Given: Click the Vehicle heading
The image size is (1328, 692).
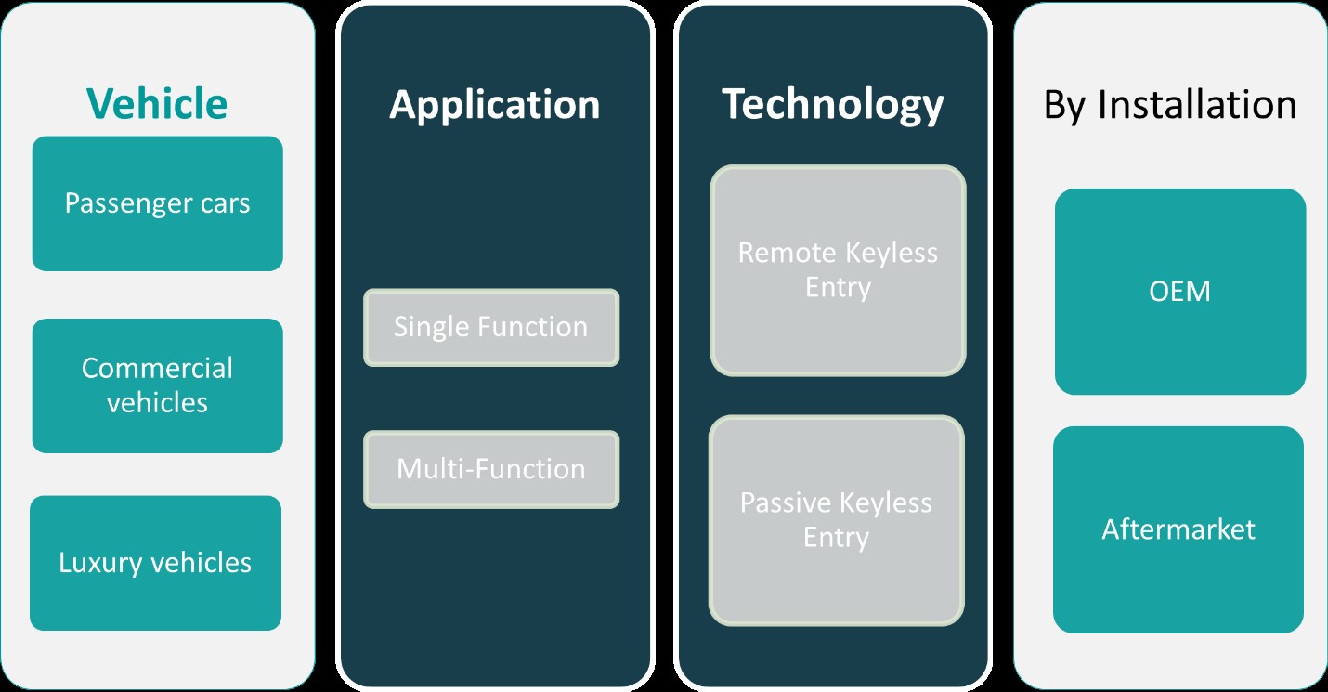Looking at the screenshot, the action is tap(157, 104).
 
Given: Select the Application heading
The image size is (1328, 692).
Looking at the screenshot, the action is tap(494, 106).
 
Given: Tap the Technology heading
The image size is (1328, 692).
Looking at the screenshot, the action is tap(832, 105).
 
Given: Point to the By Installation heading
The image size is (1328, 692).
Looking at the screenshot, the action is tap(1170, 105).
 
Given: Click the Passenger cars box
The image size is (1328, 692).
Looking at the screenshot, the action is tap(158, 203).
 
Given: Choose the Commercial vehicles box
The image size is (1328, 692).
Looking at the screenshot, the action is tap(158, 386).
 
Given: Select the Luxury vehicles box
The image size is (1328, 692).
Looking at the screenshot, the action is tap(155, 563).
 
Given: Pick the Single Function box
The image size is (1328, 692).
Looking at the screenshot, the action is tap(491, 327).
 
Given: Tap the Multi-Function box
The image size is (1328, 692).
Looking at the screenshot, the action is tap(491, 469).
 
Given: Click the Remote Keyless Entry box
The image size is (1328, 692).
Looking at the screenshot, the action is tap(838, 270).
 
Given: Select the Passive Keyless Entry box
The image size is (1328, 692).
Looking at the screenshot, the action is tap(837, 520).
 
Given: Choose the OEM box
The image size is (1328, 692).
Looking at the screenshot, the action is tap(1180, 292).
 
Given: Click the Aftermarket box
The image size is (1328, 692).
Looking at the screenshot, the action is tap(1178, 529).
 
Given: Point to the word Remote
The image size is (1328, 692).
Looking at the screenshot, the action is tap(787, 254).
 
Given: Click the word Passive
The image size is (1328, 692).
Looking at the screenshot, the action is tap(786, 503).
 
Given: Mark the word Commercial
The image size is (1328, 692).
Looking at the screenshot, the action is tap(157, 368).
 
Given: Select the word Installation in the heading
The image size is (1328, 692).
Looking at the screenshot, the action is tap(1197, 105).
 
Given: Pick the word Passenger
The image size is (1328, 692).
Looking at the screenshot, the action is tap(128, 204).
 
